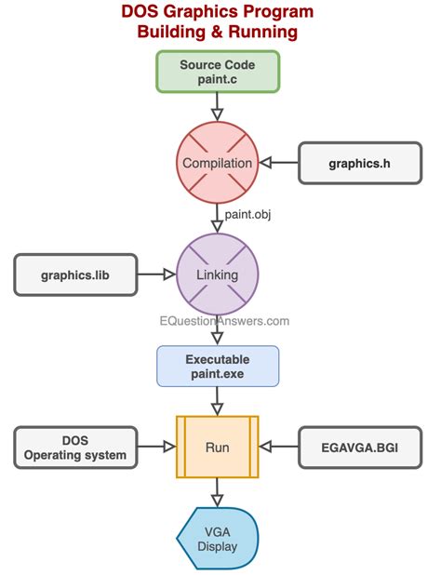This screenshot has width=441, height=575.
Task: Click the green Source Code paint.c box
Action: [x=218, y=72]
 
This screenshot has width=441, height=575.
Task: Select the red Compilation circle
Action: [x=218, y=163]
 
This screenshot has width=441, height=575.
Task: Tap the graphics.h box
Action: [x=358, y=163]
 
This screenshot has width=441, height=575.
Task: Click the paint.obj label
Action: [x=247, y=215]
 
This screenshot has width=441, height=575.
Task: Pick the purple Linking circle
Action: [x=218, y=274]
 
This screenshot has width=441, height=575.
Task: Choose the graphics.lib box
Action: [x=75, y=274]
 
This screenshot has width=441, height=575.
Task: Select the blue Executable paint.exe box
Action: [x=218, y=366]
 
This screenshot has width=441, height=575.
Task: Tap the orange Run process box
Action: [x=218, y=448]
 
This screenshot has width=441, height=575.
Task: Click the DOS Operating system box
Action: [x=75, y=448]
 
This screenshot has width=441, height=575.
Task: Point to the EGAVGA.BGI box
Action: [x=358, y=448]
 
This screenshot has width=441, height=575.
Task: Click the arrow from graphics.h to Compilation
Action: [x=278, y=163]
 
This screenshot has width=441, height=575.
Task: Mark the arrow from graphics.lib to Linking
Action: [x=156, y=274]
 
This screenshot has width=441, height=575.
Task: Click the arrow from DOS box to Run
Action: [x=156, y=448]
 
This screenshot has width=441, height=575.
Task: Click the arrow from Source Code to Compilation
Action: [x=218, y=107]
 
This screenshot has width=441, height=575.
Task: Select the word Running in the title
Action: [x=260, y=32]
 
